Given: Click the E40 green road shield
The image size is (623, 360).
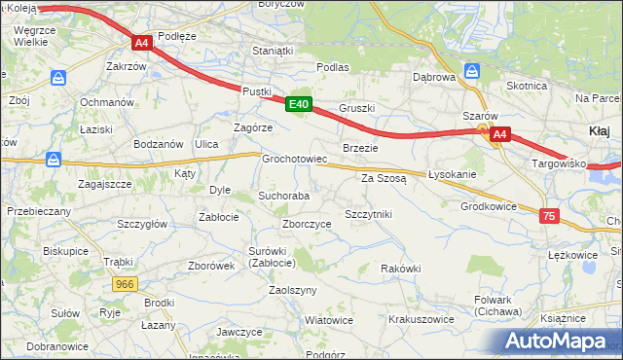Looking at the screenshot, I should tap(299, 104).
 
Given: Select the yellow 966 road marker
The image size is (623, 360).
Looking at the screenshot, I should tap(124, 283).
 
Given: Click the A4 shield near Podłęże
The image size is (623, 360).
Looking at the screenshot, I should tap(141, 43).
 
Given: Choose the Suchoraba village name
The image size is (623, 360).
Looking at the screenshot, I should tap(283, 196).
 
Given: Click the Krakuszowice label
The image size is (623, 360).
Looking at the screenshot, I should tap(421, 318).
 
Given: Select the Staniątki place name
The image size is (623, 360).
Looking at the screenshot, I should tap(273, 50).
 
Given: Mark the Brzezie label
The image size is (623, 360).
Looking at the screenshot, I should tap(360, 147).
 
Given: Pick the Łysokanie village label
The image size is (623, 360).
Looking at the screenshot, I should tap(452, 174).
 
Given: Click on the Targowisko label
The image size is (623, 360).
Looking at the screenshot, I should tap(558, 163).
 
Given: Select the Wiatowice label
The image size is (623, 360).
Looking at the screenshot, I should tap(329, 319).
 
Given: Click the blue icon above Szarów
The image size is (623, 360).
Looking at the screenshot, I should tap(473, 71).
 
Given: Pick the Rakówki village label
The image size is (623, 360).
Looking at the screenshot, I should tap(400, 268).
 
